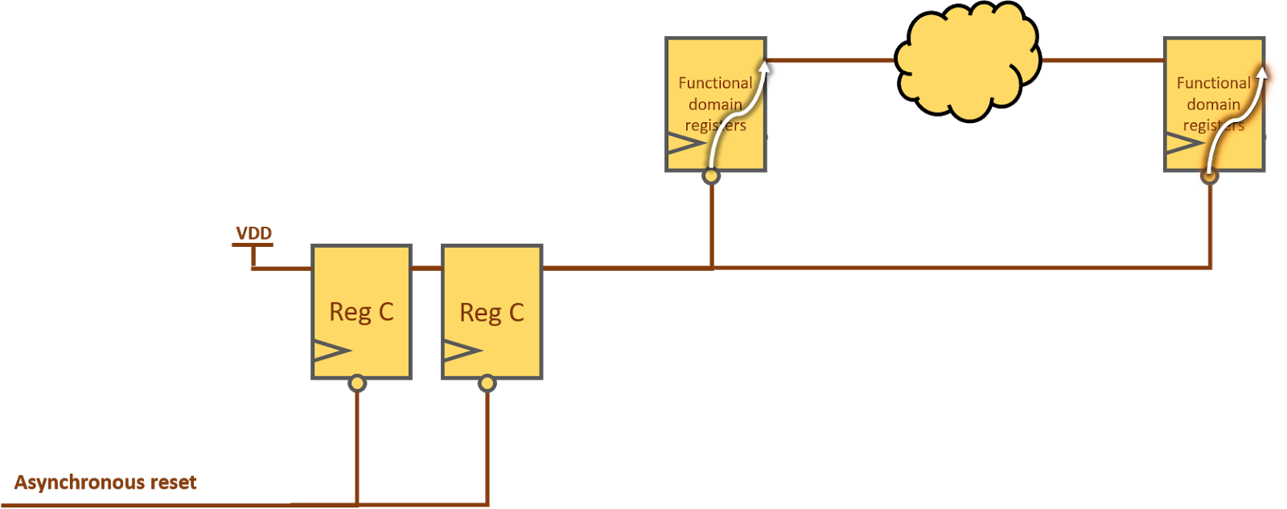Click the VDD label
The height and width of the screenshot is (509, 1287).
(x=253, y=233)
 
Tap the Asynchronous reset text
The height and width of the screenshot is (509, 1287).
(x=105, y=482)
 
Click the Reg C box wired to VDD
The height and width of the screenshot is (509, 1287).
(x=361, y=311)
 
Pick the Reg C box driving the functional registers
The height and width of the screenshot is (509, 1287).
(x=492, y=311)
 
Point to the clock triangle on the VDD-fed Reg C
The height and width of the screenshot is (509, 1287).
(x=331, y=351)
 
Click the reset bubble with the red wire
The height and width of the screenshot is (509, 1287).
(x=357, y=384)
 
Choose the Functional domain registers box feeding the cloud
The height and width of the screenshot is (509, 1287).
(x=715, y=105)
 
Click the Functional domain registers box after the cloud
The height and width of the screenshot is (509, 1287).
(x=1214, y=105)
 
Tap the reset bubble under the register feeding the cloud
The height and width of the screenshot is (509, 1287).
(x=711, y=176)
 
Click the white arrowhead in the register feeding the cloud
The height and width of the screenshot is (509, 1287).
(x=764, y=66)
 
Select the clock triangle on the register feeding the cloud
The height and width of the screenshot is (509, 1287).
(x=685, y=145)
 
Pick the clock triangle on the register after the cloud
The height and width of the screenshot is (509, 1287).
(x=1183, y=145)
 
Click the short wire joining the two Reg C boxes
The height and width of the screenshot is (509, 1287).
(x=426, y=268)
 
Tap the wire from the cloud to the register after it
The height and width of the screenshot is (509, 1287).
(x=1102, y=60)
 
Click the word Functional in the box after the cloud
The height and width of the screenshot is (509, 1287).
(x=1213, y=83)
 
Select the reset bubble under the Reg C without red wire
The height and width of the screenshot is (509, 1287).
(x=487, y=384)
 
